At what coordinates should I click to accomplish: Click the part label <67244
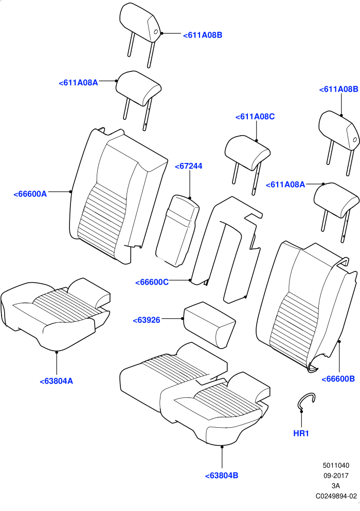click(x=188, y=166)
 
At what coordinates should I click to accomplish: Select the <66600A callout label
click(x=30, y=194)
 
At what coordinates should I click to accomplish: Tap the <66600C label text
click(x=152, y=282)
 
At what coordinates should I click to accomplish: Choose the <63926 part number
click(x=147, y=320)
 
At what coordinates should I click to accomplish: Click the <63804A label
click(x=57, y=381)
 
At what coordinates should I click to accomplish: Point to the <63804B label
click(x=222, y=476)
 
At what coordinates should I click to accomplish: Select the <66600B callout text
click(x=338, y=379)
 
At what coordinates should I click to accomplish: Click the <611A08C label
click(x=255, y=117)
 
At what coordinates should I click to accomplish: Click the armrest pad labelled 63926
click(x=210, y=324)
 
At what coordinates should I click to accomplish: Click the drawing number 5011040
click(x=336, y=466)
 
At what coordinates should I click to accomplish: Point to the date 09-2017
click(x=336, y=476)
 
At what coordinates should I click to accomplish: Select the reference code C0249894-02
click(x=336, y=496)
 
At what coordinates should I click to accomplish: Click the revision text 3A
click(x=336, y=486)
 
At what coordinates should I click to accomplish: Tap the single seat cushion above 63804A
click(x=56, y=315)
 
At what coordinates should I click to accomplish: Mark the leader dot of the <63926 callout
click(x=183, y=318)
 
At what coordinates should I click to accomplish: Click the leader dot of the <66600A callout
click(x=70, y=192)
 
